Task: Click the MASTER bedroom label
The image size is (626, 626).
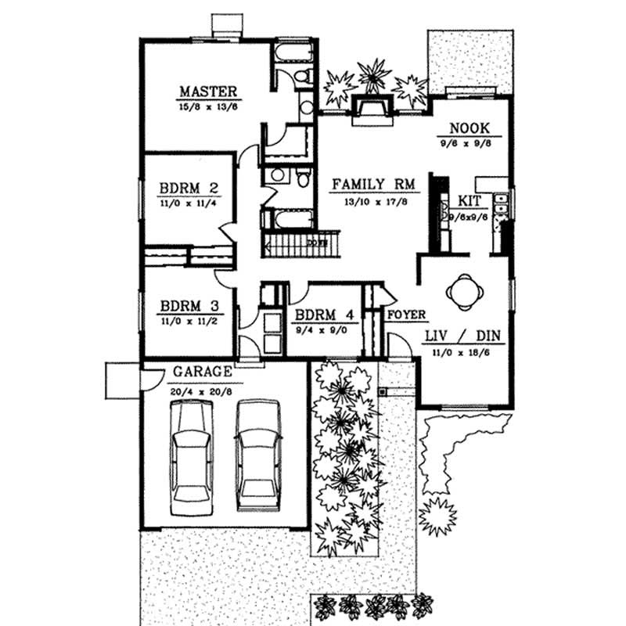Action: (207, 90)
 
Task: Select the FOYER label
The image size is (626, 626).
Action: (406, 315)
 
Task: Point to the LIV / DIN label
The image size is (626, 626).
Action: (462, 336)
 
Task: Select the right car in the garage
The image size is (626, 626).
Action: (258, 454)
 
